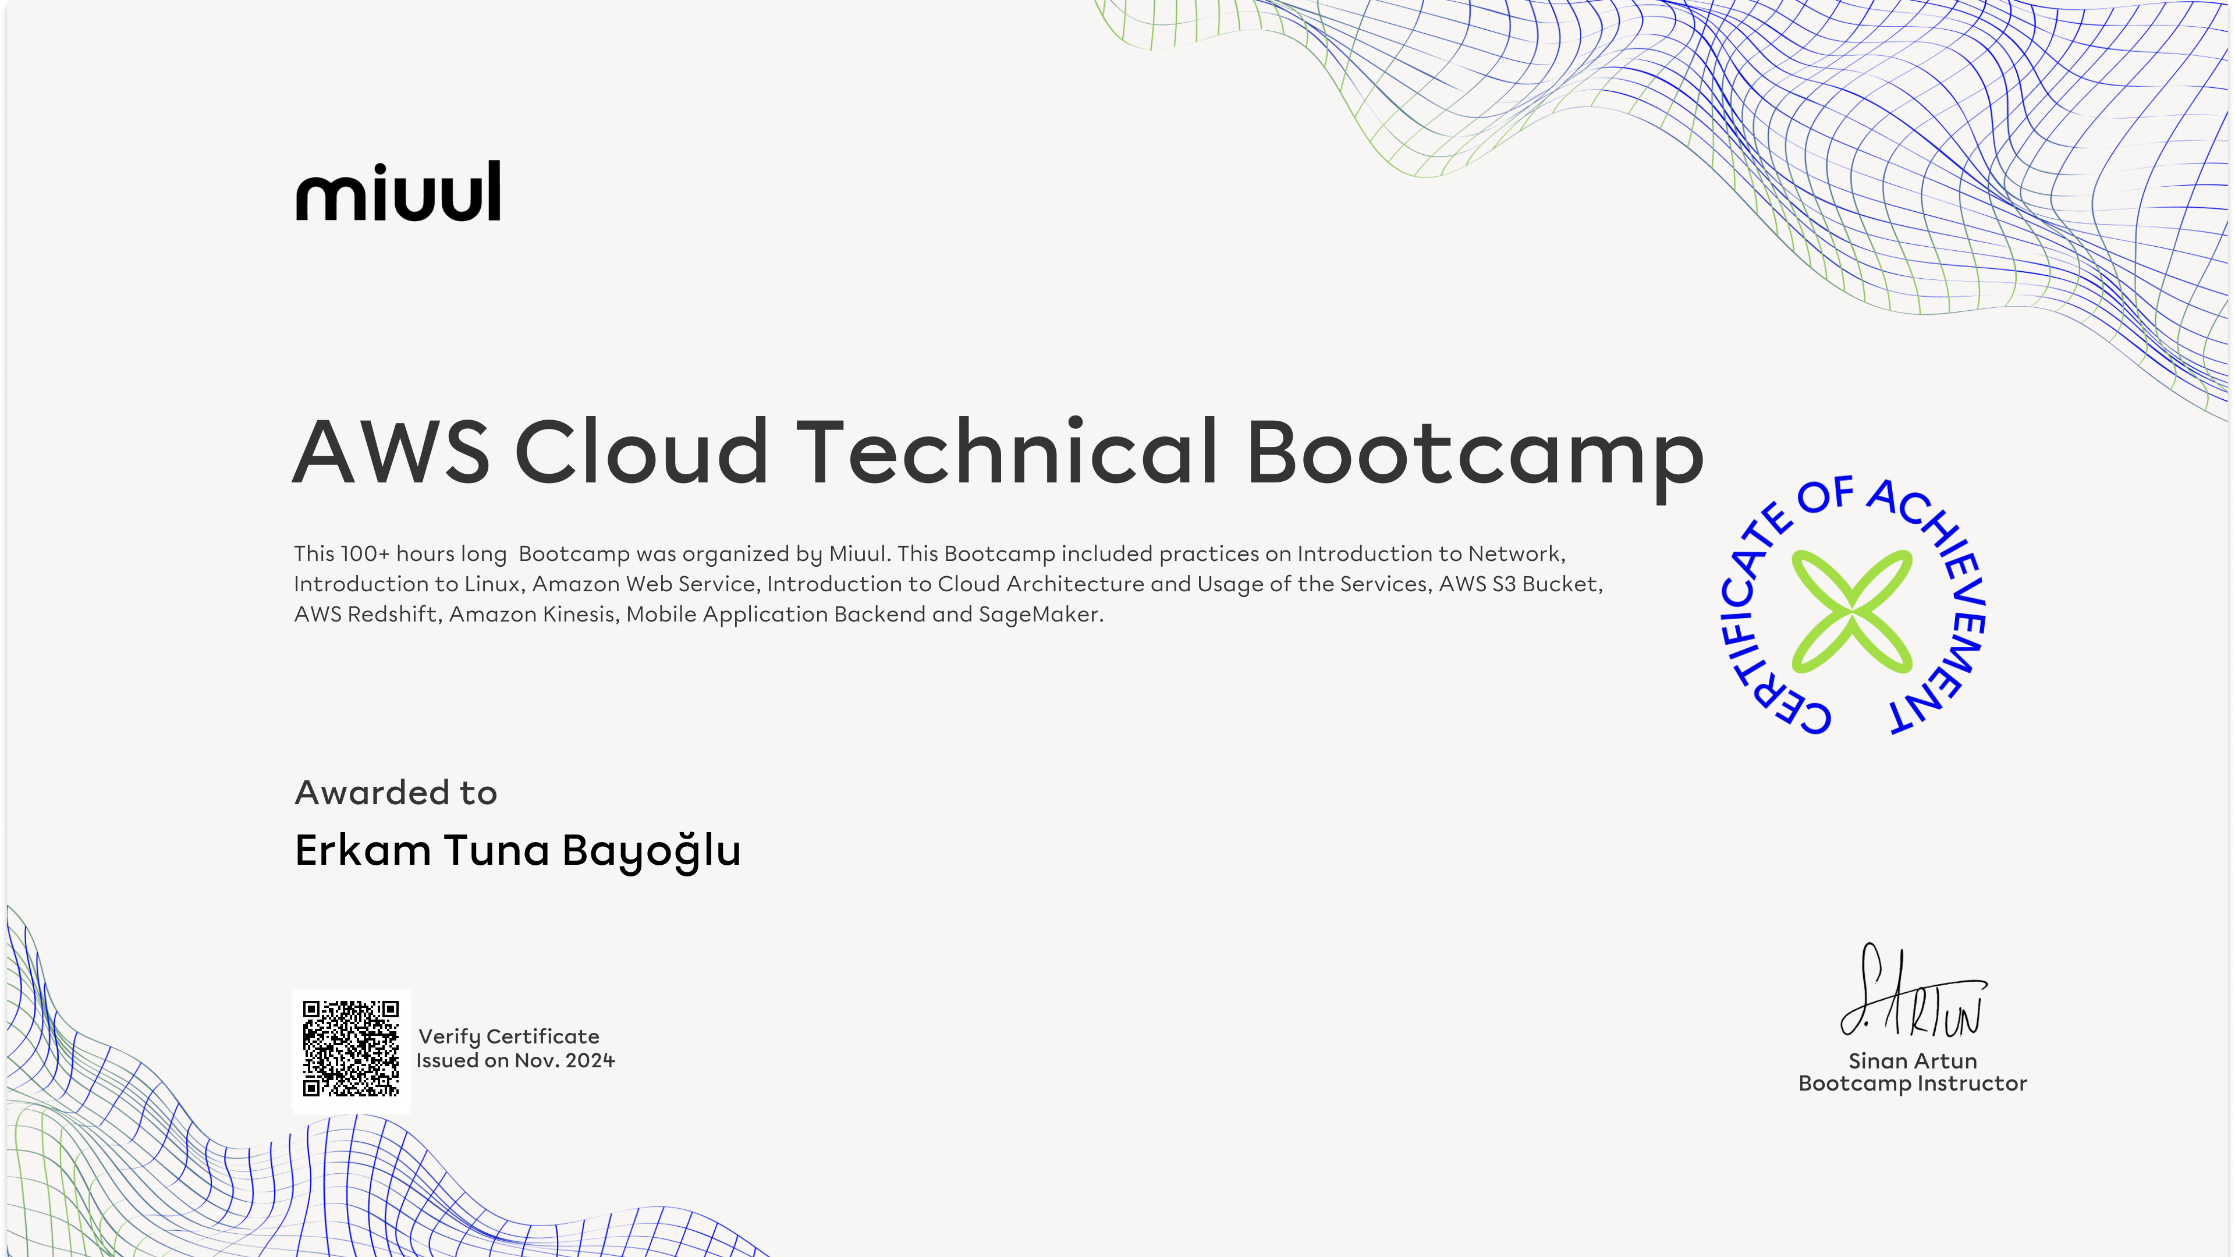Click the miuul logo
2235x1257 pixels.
(398, 191)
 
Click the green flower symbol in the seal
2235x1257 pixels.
(1853, 610)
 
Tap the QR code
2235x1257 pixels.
(350, 1048)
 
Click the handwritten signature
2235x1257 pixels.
(1913, 990)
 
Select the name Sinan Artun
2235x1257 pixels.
(1912, 1060)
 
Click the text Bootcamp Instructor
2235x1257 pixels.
(1912, 1084)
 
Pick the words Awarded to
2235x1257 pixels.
(396, 793)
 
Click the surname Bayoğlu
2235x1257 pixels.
(652, 851)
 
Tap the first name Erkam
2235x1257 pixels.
(363, 850)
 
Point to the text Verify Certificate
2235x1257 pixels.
(509, 1036)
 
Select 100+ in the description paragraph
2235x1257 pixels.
(366, 553)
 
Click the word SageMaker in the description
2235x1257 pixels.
(1040, 614)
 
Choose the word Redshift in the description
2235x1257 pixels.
(392, 614)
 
